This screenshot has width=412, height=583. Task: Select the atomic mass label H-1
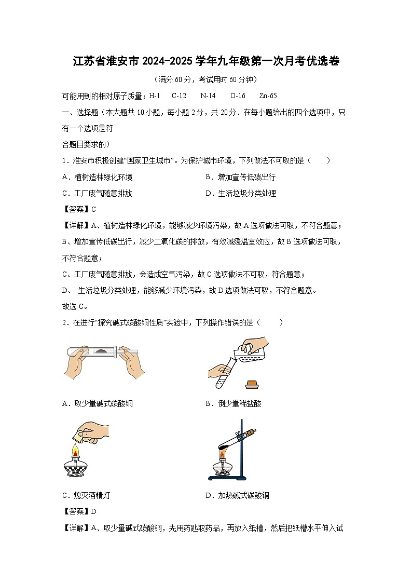pos(155,96)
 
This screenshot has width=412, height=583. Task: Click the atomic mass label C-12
pos(179,96)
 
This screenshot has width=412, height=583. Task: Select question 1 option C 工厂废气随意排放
pos(97,193)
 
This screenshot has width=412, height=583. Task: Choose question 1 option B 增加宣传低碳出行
pos(241,177)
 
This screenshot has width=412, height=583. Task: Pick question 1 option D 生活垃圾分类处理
pos(241,193)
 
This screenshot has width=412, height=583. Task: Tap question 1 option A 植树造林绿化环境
pos(97,177)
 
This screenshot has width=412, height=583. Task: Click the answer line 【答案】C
pos(79,209)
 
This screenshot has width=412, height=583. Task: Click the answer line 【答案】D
pos(79,511)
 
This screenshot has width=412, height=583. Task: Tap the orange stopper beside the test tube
pos(253,384)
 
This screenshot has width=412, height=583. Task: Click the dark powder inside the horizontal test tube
pos(101,351)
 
